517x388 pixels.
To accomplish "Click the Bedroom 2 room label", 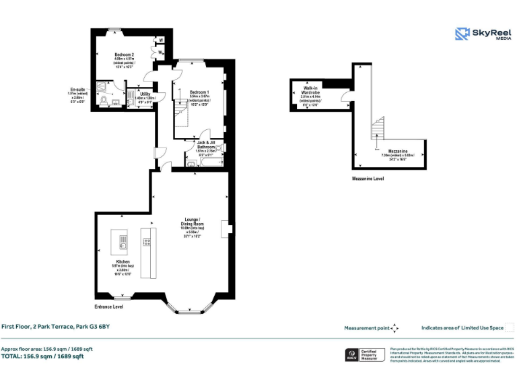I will point(124,55).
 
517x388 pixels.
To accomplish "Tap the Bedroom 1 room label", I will point(199,92).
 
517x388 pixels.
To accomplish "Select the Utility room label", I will point(145,94).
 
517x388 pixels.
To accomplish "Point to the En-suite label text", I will point(78,90).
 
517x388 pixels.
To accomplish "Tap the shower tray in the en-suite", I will point(102,86).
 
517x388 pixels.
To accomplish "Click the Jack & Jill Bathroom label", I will point(205,143).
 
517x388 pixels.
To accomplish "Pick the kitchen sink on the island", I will point(122,241).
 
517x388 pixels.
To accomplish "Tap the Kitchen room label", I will point(123,261).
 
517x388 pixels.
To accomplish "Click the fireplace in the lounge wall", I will point(228,230).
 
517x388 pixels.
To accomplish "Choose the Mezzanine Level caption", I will point(368,179).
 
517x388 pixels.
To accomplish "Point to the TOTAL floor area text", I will point(42,356).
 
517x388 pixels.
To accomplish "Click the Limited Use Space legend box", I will point(510,328).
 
